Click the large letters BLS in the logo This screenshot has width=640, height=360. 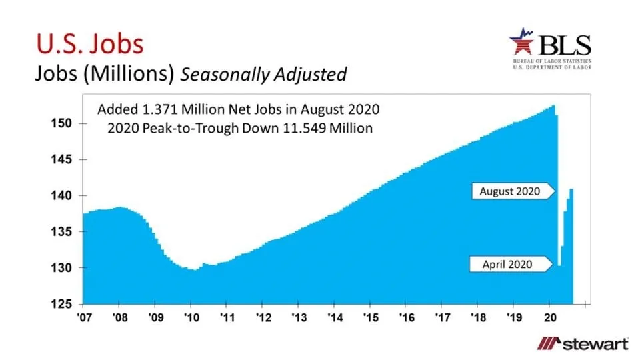click(x=565, y=45)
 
